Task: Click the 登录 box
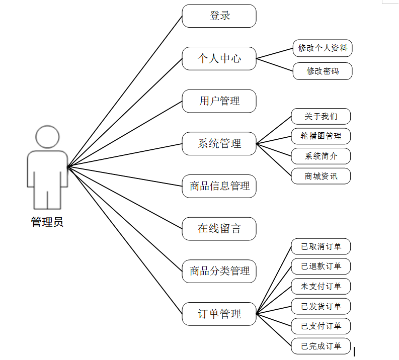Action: pyautogui.click(x=219, y=16)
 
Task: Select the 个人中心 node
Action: pyautogui.click(x=219, y=58)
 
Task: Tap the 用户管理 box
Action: pyautogui.click(x=219, y=101)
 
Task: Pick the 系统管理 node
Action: pyautogui.click(x=219, y=144)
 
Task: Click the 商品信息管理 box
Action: pyautogui.click(x=219, y=186)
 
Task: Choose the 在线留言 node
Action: pyautogui.click(x=219, y=229)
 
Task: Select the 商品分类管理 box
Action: pyautogui.click(x=219, y=271)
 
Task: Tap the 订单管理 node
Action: pyautogui.click(x=219, y=314)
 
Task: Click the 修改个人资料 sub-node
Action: pyautogui.click(x=323, y=48)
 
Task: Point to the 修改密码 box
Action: pyautogui.click(x=323, y=71)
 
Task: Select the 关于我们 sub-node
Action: pyautogui.click(x=321, y=117)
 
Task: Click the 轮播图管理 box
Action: pyautogui.click(x=321, y=136)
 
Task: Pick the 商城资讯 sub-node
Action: pyautogui.click(x=321, y=176)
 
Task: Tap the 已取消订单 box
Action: pyautogui.click(x=321, y=246)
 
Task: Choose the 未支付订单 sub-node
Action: pyautogui.click(x=321, y=287)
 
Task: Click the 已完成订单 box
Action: pyautogui.click(x=321, y=346)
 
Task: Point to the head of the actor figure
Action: pyautogui.click(x=47, y=137)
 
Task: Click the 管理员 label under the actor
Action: pyautogui.click(x=47, y=222)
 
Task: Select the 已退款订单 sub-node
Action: pyautogui.click(x=321, y=266)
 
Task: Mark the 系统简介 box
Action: pyautogui.click(x=321, y=156)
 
